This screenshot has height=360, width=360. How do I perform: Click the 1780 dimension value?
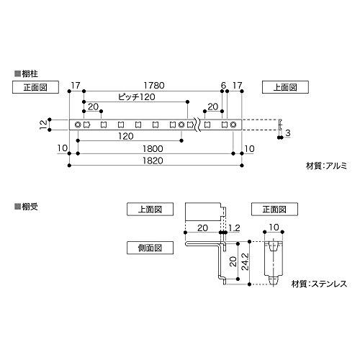154,86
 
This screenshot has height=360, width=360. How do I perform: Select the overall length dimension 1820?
153,161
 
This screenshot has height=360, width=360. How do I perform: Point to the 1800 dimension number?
153,149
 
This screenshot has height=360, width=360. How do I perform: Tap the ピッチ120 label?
137,97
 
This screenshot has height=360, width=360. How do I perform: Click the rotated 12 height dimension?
43,125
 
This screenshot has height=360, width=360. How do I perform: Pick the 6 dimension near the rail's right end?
223,85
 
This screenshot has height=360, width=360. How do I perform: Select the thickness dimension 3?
288,132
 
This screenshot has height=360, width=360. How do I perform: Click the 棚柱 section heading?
27,73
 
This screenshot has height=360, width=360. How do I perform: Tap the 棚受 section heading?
27,207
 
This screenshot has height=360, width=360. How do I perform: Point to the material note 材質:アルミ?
326,166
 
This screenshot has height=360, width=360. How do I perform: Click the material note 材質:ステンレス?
319,284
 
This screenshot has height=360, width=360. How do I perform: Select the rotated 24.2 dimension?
245,262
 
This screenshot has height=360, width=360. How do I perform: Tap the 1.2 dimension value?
234,228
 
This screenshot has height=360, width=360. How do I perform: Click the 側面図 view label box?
150,248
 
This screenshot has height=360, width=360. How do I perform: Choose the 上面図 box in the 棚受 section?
150,209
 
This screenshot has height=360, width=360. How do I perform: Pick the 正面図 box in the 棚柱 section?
35,87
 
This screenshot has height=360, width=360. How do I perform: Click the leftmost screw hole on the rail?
78,125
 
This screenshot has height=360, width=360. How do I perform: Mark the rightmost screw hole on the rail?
233,125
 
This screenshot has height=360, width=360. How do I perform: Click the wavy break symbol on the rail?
197,125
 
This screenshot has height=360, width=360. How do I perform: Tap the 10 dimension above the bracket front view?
274,227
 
